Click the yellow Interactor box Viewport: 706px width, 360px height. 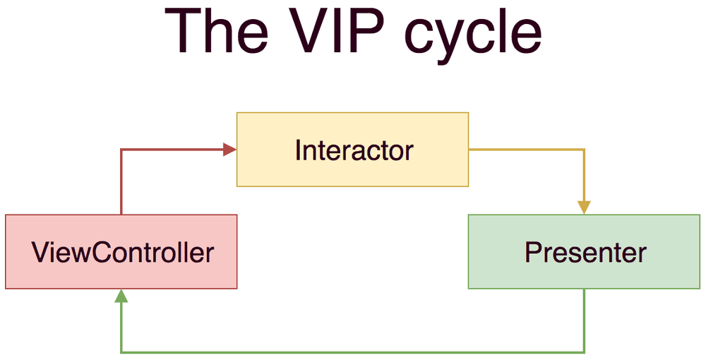[352, 149]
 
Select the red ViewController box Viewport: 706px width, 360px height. [121, 251]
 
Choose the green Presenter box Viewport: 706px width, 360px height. [584, 251]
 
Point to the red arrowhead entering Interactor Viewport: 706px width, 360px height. [229, 149]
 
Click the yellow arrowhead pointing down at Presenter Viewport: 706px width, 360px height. [584, 207]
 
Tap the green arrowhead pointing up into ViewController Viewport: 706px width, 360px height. [121, 296]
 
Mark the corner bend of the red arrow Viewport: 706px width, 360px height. [121, 149]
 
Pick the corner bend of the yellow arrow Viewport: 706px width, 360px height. [584, 149]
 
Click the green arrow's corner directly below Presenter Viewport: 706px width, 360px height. [584, 352]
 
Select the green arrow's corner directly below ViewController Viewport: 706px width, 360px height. [121, 352]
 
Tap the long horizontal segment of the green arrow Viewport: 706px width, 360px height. [353, 352]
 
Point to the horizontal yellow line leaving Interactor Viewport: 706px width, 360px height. [526, 149]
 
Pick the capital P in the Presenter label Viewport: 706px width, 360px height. [532, 252]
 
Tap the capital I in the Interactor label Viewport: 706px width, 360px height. [298, 150]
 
